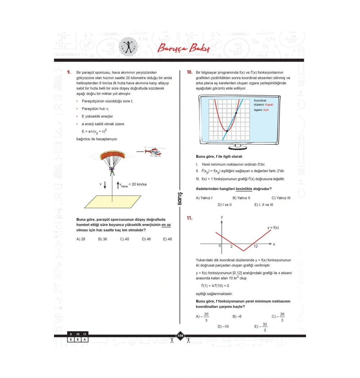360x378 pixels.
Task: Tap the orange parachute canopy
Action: point(112,156)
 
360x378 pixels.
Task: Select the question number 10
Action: point(189,72)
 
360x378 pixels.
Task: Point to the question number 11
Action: point(189,218)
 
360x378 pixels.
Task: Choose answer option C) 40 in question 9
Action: point(125,239)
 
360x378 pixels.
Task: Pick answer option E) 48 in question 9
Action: point(167,239)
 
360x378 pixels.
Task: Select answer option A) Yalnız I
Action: point(204,198)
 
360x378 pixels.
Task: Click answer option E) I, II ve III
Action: point(264,204)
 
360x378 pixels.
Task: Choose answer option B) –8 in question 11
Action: point(237,316)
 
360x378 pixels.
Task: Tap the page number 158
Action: point(180,336)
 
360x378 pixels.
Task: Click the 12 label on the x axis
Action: point(256,246)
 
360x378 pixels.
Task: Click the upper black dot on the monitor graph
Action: point(236,113)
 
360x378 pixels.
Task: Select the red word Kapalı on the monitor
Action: point(269,104)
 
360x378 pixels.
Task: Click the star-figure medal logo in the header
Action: point(129,46)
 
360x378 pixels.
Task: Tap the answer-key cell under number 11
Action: point(84,339)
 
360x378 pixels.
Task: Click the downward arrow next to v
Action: point(105,185)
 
